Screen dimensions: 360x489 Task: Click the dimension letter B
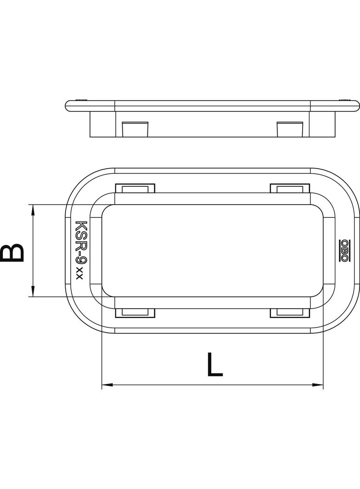12,253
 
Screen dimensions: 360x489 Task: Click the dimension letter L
215,364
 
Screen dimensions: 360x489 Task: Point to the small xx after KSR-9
79,273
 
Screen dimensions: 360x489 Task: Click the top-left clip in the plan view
135,189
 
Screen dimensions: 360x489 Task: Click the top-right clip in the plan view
290,189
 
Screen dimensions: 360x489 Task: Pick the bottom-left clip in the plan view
135,313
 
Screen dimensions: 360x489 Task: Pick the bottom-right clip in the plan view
290,313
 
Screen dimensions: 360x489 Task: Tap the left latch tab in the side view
135,129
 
